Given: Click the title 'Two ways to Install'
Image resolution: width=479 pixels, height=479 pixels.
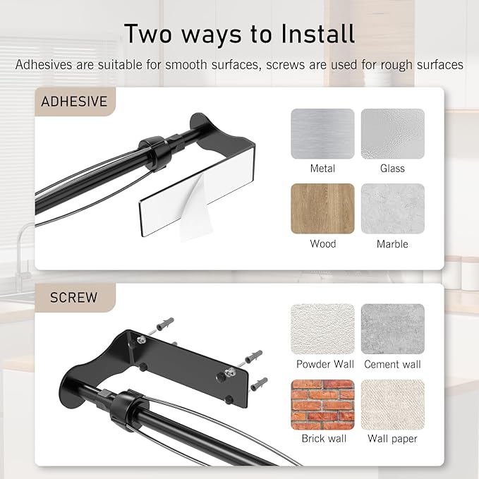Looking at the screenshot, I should (239, 33).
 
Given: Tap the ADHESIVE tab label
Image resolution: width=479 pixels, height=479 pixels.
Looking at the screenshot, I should (74, 102).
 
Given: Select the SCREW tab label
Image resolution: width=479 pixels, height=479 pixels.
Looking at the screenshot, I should (73, 297).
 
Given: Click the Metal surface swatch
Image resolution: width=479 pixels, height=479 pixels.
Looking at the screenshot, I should (322, 133).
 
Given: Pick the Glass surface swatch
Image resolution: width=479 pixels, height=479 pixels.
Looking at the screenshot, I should (392, 133).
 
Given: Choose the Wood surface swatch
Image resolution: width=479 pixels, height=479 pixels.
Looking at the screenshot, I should (322, 209).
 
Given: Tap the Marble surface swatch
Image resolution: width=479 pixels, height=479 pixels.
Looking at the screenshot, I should (392, 209).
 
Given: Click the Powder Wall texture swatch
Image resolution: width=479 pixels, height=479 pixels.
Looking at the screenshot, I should (322, 329).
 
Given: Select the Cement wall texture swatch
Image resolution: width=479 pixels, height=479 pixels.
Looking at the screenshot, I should (392, 329).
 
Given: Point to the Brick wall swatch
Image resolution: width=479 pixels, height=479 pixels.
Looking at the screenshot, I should (322, 404).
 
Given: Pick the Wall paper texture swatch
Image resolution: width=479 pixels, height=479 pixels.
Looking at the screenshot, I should (392, 404).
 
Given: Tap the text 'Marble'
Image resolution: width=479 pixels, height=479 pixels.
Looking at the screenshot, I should (392, 244).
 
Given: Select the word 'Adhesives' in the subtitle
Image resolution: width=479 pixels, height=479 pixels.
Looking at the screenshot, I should (44, 65).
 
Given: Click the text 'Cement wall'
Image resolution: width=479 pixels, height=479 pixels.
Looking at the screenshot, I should (392, 365).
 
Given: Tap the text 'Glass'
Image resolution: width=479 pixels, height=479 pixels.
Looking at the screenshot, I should (392, 169).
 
